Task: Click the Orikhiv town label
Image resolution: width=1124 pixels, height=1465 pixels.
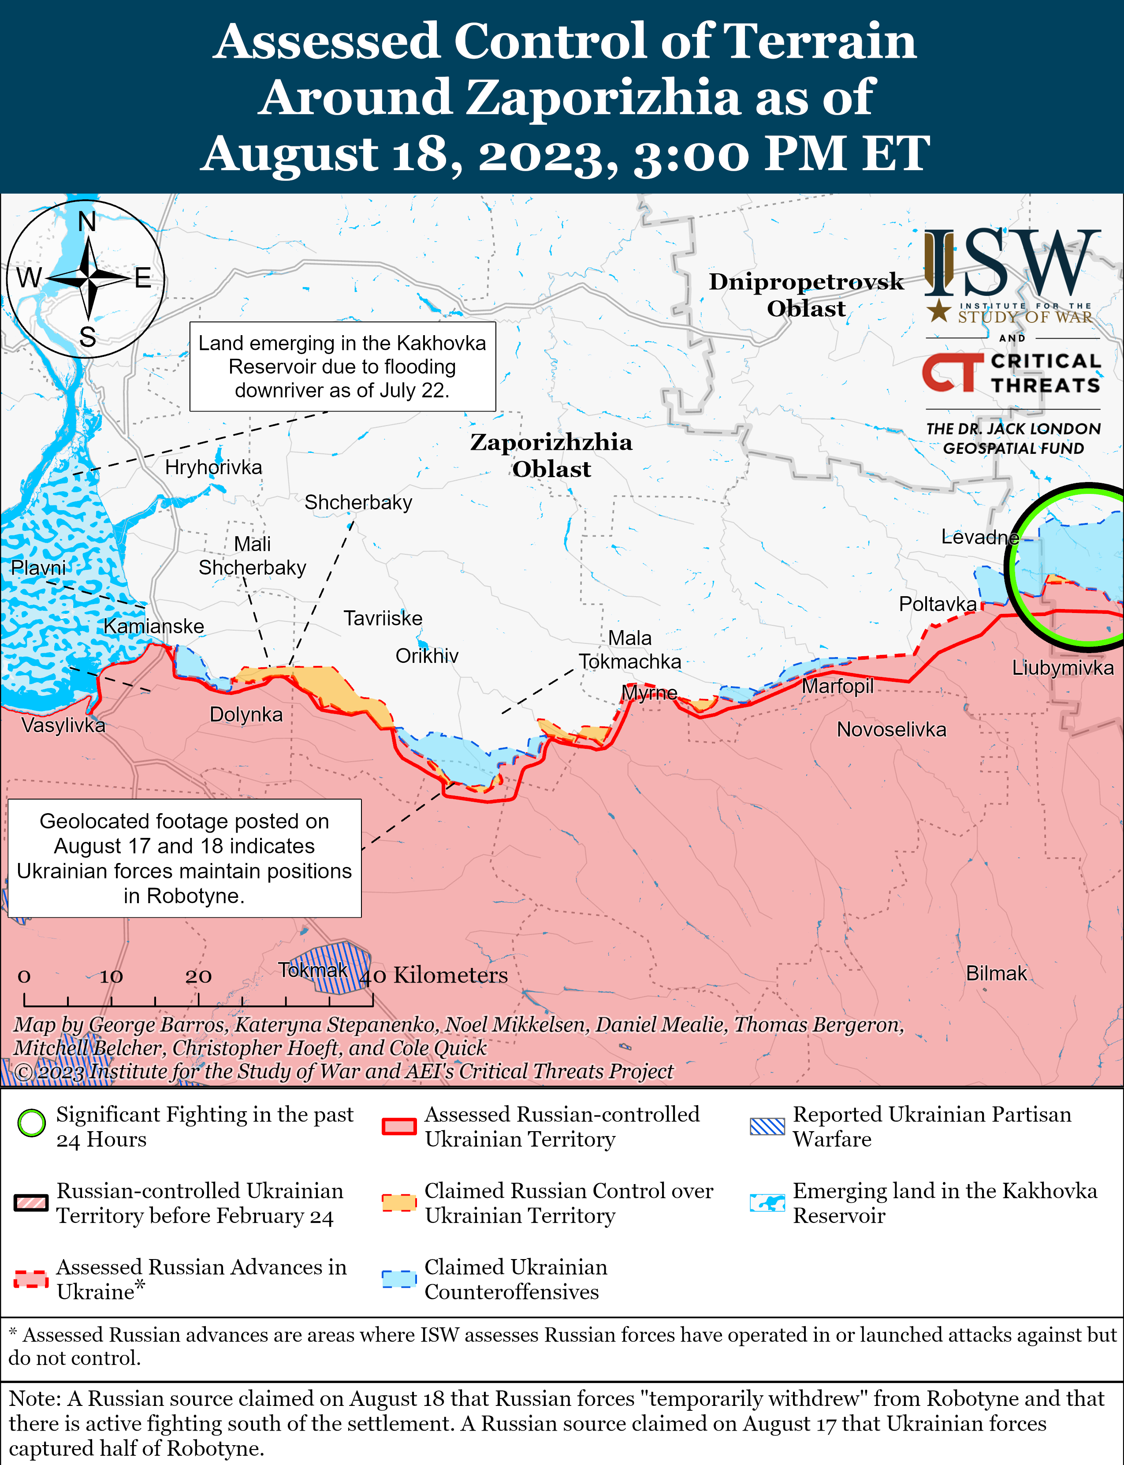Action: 427,656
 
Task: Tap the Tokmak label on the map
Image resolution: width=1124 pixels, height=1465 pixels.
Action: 313,970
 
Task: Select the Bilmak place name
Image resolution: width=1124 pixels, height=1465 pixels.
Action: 996,973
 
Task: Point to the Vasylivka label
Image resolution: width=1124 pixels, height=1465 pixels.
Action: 63,725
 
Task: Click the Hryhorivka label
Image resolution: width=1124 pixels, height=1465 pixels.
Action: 213,467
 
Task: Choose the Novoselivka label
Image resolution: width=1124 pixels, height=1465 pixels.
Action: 891,729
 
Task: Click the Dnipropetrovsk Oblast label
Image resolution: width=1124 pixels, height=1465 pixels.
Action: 806,295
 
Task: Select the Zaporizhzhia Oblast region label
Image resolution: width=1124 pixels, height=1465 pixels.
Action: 551,456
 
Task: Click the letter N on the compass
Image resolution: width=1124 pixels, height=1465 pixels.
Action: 87,221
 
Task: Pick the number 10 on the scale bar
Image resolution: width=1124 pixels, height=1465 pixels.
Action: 111,976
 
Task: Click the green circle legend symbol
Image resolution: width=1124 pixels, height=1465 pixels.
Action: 31,1124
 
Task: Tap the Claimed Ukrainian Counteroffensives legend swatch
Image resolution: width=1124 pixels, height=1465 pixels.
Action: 399,1279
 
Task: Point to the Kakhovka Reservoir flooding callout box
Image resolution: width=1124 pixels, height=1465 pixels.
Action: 342,367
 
